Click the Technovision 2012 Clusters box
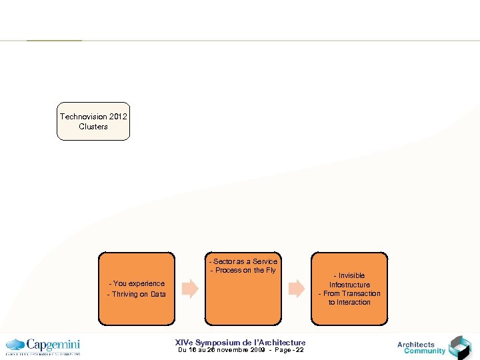93,121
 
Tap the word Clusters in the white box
93,127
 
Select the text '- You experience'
137,283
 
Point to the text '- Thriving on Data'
137,294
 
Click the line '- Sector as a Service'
243,261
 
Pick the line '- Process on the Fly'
243,270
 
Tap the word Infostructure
349,285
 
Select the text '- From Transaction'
349,293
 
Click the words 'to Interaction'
349,302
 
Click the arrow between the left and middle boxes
190,289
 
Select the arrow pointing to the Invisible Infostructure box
296,289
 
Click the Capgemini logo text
53,345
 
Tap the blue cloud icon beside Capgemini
15,345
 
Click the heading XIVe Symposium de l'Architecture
240,342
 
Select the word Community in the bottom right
425,351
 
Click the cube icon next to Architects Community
459,347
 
